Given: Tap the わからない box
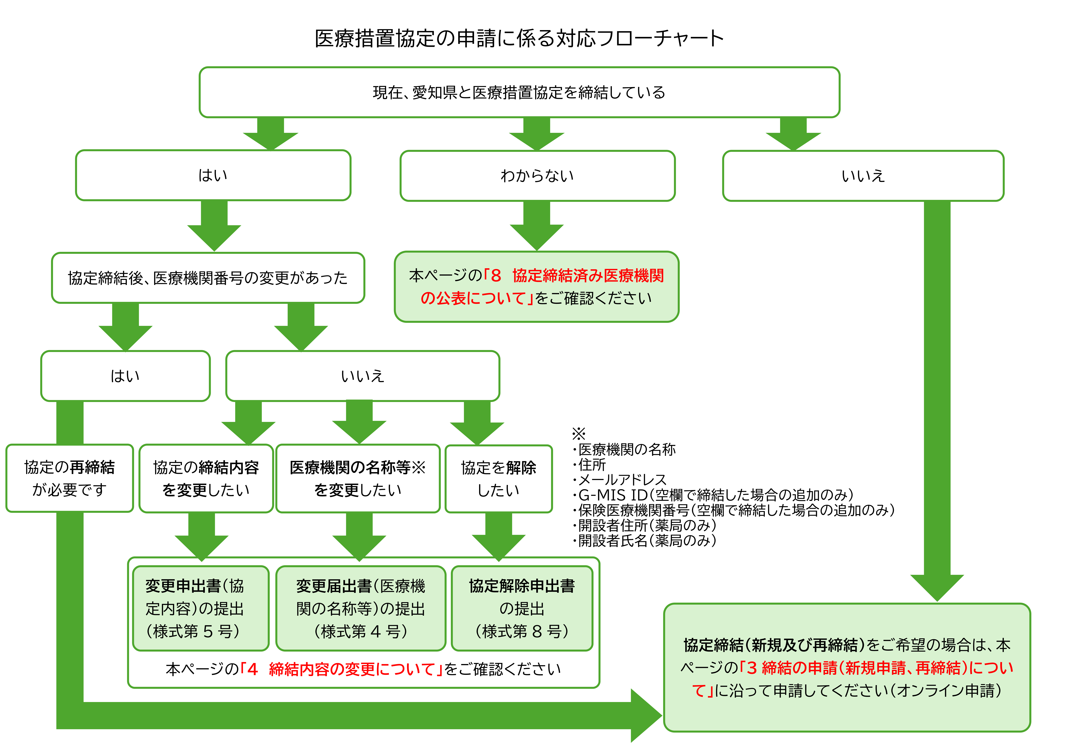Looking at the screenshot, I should (537, 176).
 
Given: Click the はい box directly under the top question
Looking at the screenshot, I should (213, 175).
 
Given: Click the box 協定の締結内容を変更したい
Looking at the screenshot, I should (206, 478).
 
